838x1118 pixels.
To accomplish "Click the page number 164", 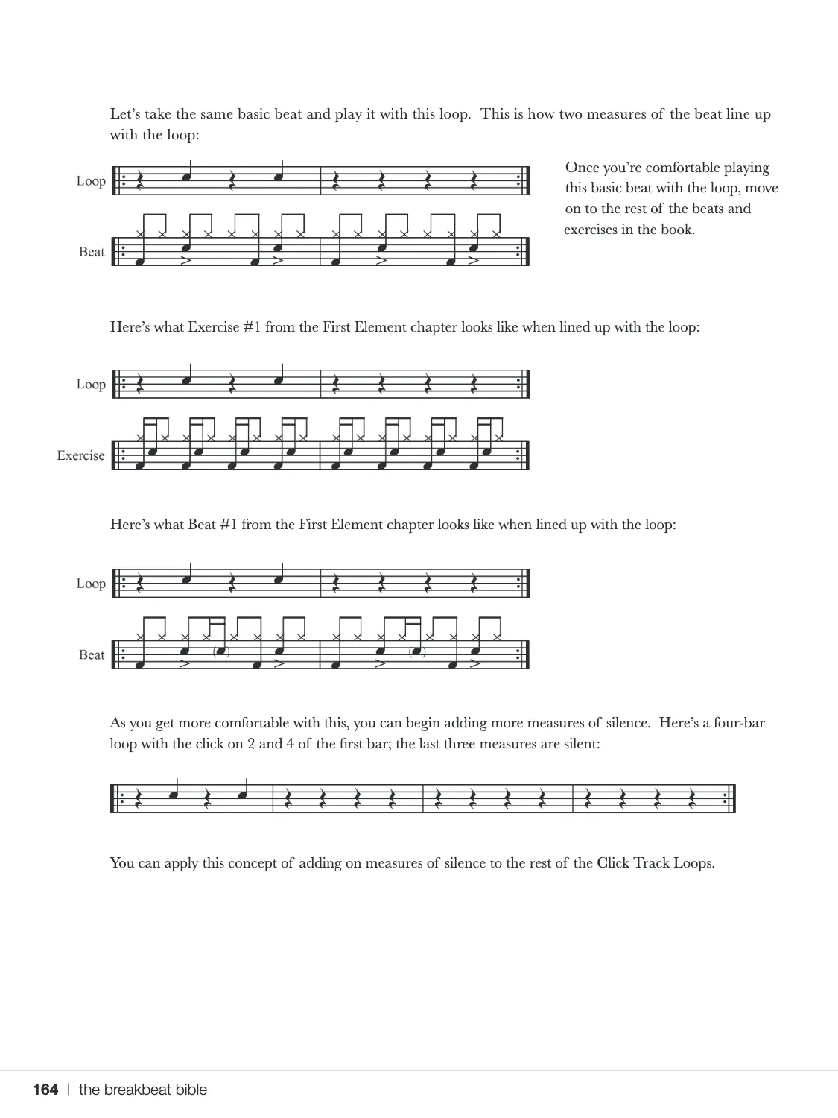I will [x=45, y=1090].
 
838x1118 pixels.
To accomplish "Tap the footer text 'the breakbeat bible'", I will [x=143, y=1090].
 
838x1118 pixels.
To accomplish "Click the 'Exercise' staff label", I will [x=80, y=455].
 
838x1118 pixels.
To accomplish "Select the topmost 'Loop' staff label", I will [x=91, y=181].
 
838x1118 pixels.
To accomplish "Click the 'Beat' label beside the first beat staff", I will [x=92, y=252].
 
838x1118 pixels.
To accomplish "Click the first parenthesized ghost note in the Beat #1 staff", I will [x=220, y=652].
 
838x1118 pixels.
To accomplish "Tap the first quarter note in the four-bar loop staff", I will [x=174, y=795].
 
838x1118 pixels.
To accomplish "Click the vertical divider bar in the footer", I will [x=69, y=1090].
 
